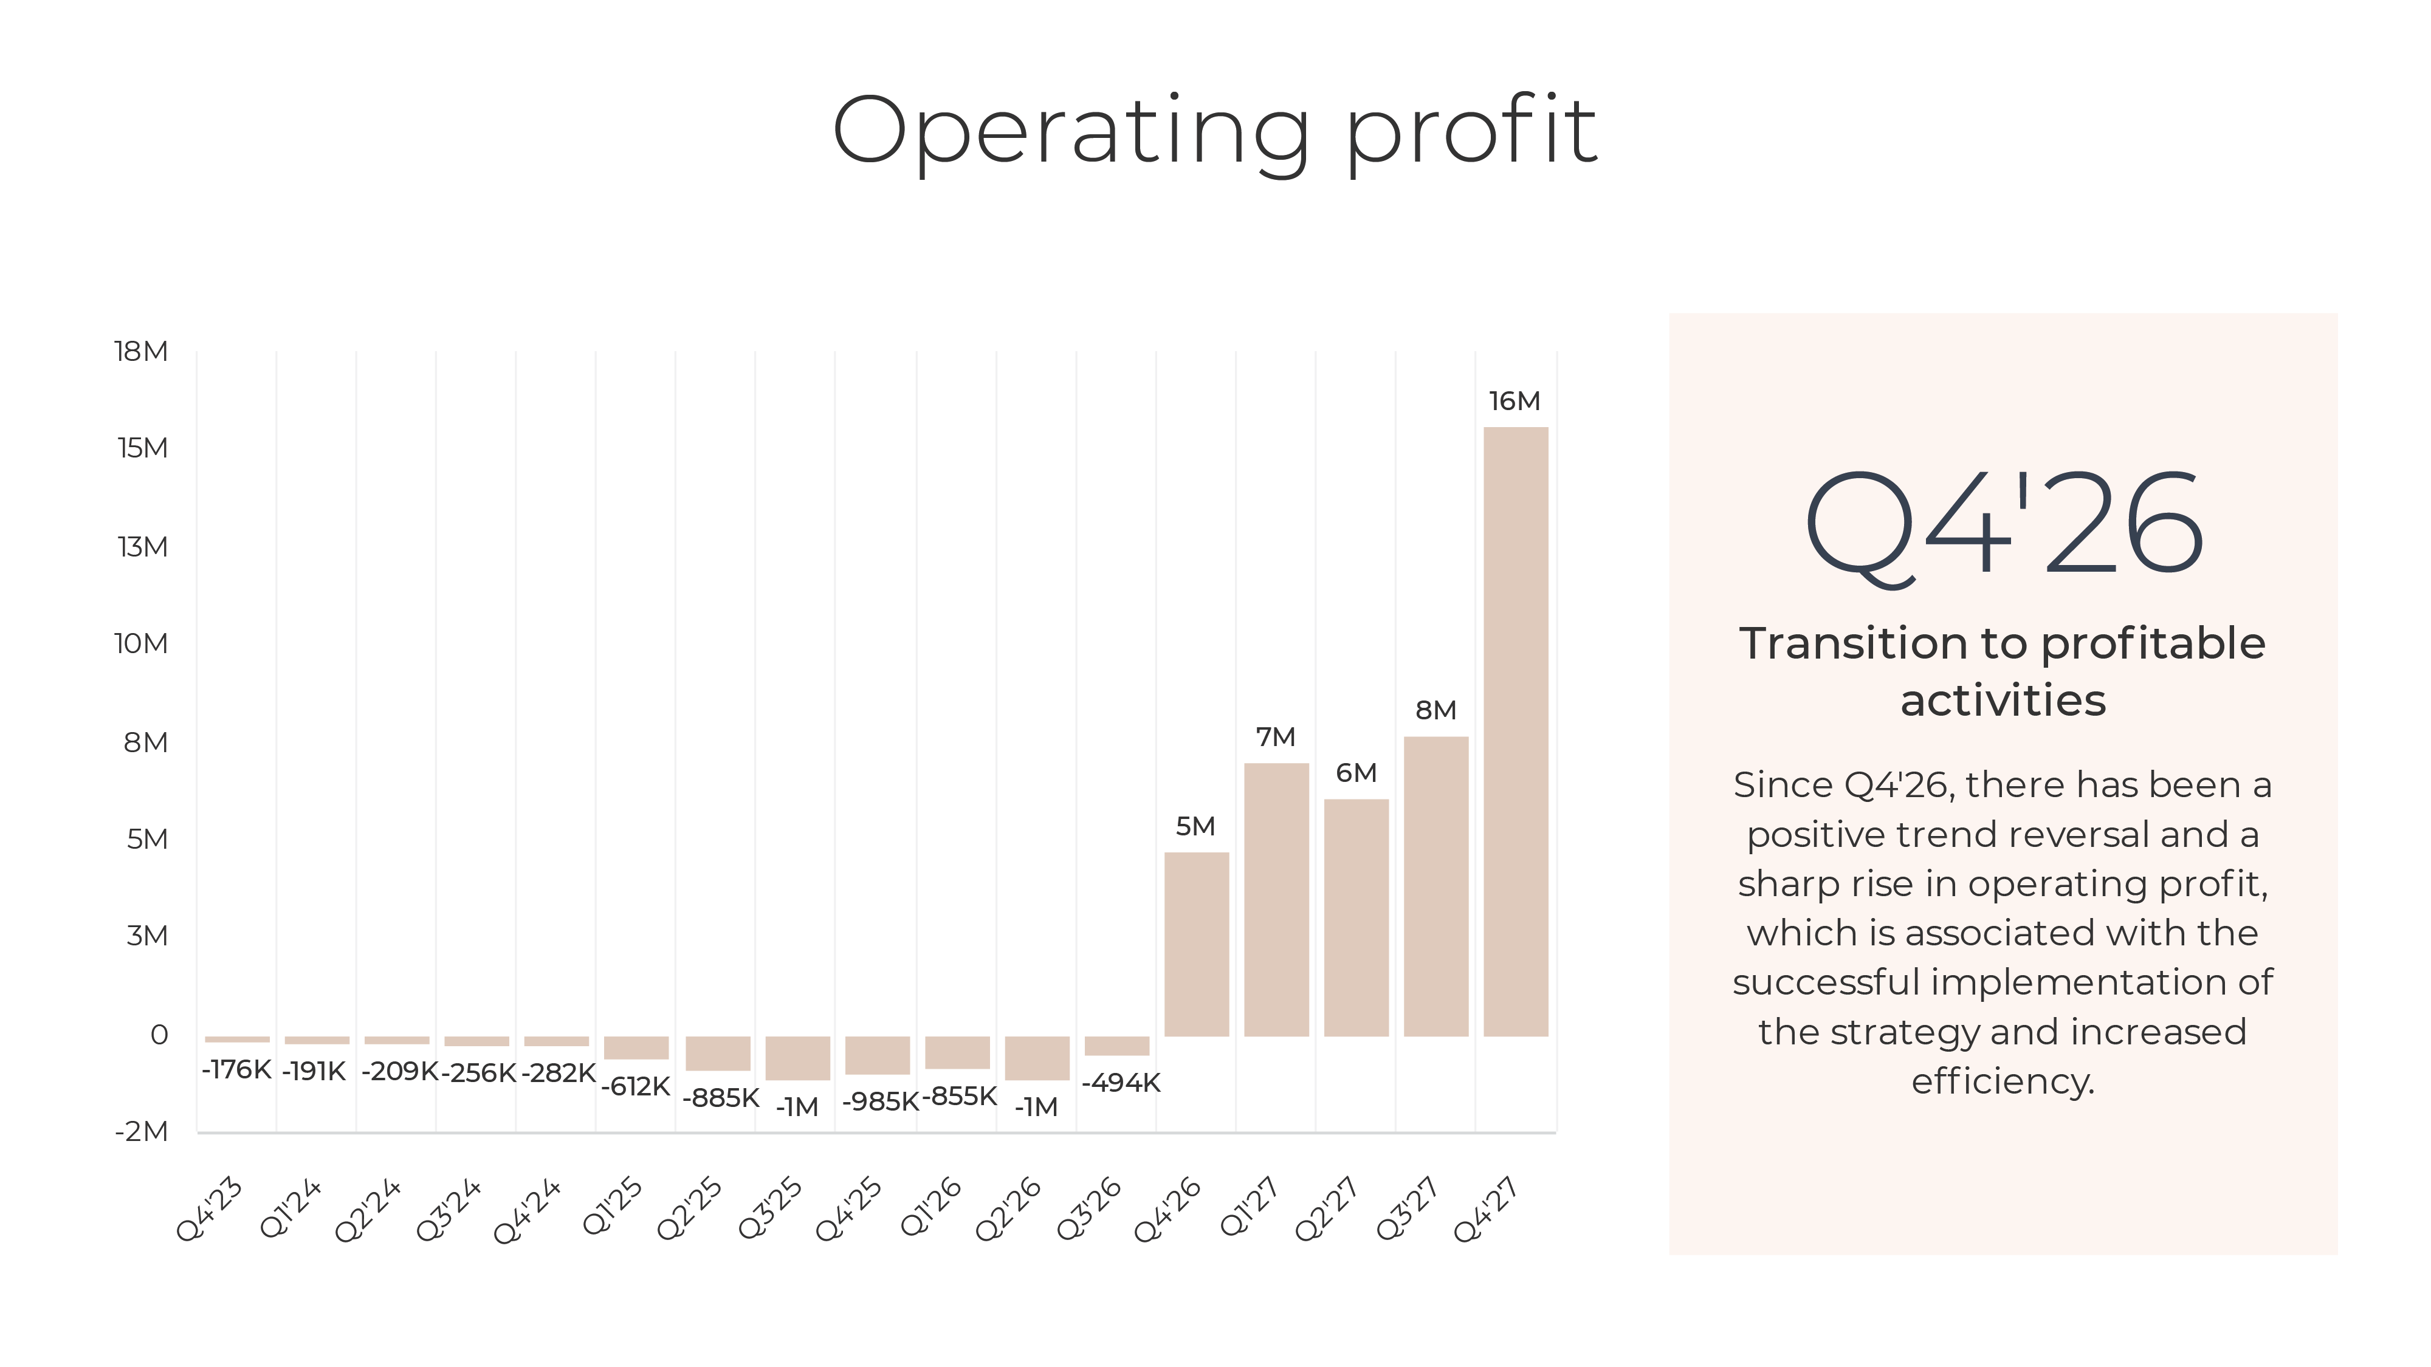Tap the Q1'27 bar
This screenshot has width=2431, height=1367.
[1276, 899]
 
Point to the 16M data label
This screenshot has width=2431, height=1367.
[1515, 401]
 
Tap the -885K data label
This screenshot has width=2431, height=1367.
[721, 1097]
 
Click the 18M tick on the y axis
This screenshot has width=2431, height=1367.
[140, 351]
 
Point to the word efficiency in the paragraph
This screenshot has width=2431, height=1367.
[2003, 1081]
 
